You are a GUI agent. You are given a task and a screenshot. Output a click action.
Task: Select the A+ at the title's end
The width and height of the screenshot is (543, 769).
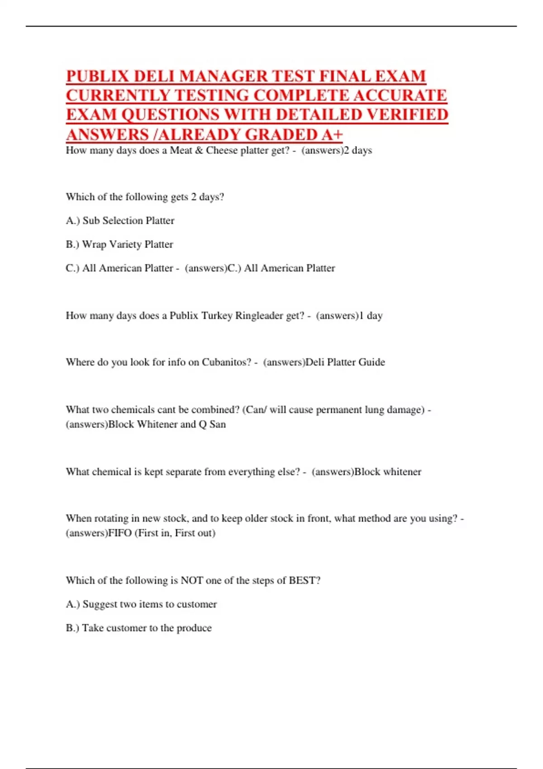(x=332, y=135)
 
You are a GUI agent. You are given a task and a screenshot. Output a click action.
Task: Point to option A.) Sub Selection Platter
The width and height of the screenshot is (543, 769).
(x=120, y=221)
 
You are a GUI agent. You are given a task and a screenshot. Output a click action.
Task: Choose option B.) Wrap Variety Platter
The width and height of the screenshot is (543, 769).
(x=119, y=244)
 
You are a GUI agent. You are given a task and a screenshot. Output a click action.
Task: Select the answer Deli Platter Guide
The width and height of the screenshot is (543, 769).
(x=345, y=362)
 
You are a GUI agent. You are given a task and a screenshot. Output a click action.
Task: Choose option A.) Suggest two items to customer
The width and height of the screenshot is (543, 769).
(x=141, y=604)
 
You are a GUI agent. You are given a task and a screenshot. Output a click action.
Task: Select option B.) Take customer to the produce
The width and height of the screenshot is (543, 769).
(x=138, y=628)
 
